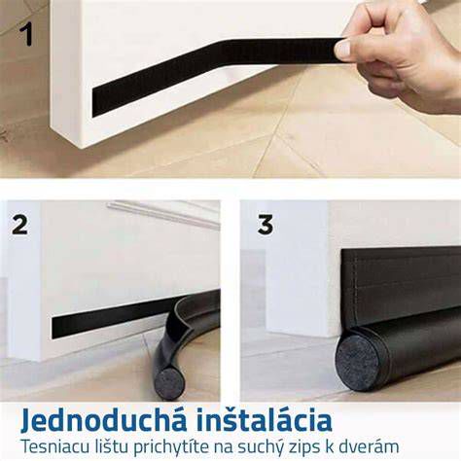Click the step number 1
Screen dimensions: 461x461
[26, 36]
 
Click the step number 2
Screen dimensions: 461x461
[19, 225]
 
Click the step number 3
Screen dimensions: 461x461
[266, 225]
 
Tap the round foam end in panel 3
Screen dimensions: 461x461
[358, 367]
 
